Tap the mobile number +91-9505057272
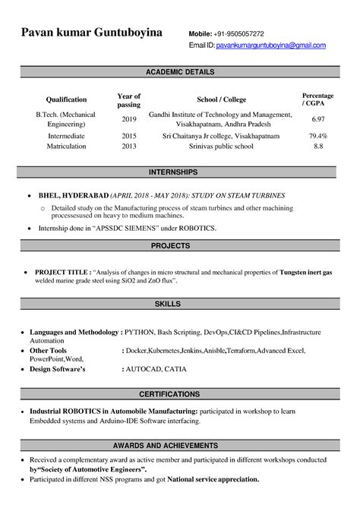click(238, 34)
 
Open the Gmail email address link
click(271, 46)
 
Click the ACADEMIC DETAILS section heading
click(180, 72)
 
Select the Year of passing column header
click(129, 100)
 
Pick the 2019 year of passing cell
click(129, 120)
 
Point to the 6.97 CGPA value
click(318, 120)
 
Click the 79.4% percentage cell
click(318, 136)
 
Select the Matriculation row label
click(66, 147)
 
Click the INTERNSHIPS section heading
click(180, 172)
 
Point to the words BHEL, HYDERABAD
click(71, 194)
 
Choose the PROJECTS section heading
click(180, 246)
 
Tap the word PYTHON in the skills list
click(142, 333)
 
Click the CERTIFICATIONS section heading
click(180, 395)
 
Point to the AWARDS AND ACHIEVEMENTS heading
click(180, 444)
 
